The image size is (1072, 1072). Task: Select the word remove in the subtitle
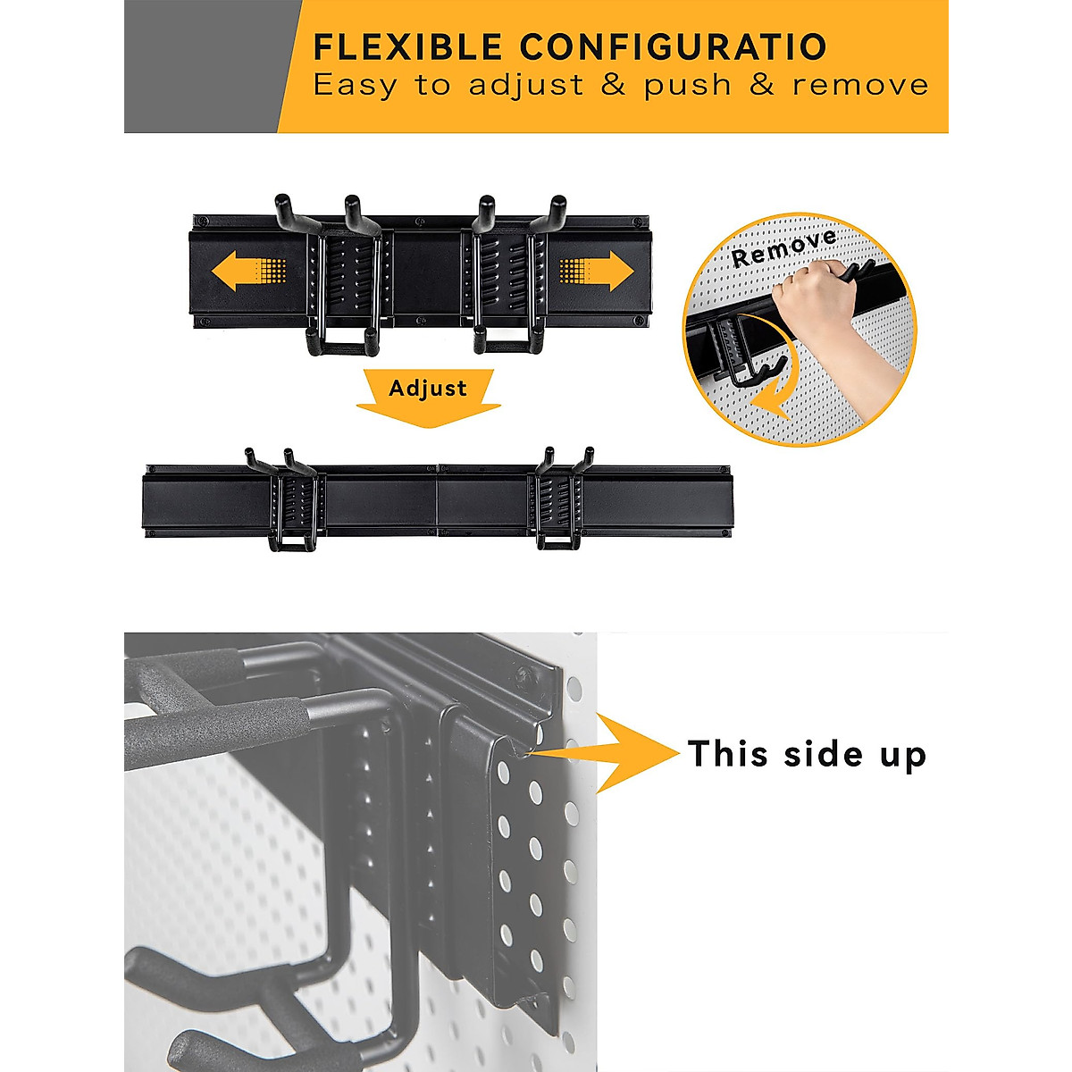pyautogui.click(x=860, y=86)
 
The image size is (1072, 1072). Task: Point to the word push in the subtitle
pyautogui.click(x=688, y=87)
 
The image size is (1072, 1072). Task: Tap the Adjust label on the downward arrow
pyautogui.click(x=428, y=389)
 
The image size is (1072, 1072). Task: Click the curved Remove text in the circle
pyautogui.click(x=783, y=247)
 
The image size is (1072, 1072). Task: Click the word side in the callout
pyautogui.click(x=811, y=754)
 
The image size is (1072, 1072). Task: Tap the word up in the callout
pyautogui.click(x=902, y=758)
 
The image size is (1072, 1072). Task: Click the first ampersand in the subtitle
pyautogui.click(x=614, y=86)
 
